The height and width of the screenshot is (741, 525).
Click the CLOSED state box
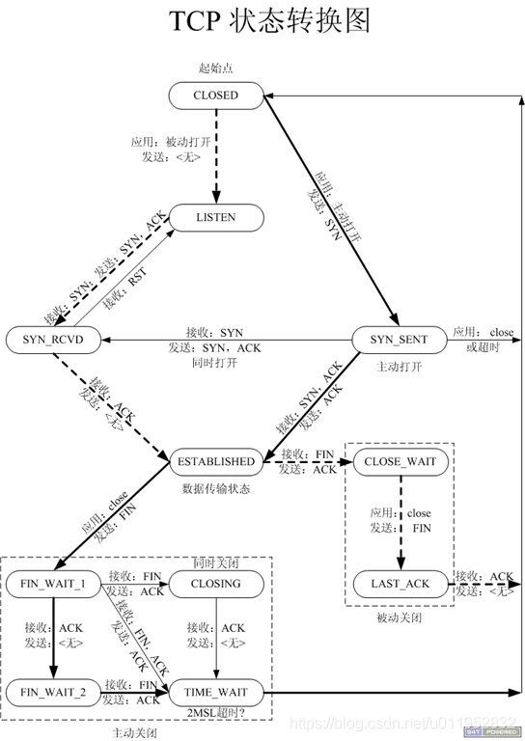(x=215, y=96)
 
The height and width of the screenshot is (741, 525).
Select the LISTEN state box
(x=215, y=218)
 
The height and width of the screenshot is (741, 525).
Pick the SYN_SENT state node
(x=398, y=340)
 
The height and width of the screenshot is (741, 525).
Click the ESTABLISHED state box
(x=215, y=462)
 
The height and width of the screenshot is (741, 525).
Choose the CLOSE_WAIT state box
(x=400, y=462)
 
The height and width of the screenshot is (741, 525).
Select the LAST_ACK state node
(x=400, y=584)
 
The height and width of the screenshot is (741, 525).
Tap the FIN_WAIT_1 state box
(x=54, y=584)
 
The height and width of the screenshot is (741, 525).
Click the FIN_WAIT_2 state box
(x=54, y=692)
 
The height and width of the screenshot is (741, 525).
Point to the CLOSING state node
(x=215, y=584)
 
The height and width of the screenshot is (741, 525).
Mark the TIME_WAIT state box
(x=215, y=692)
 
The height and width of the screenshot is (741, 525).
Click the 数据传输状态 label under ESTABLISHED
(x=216, y=489)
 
